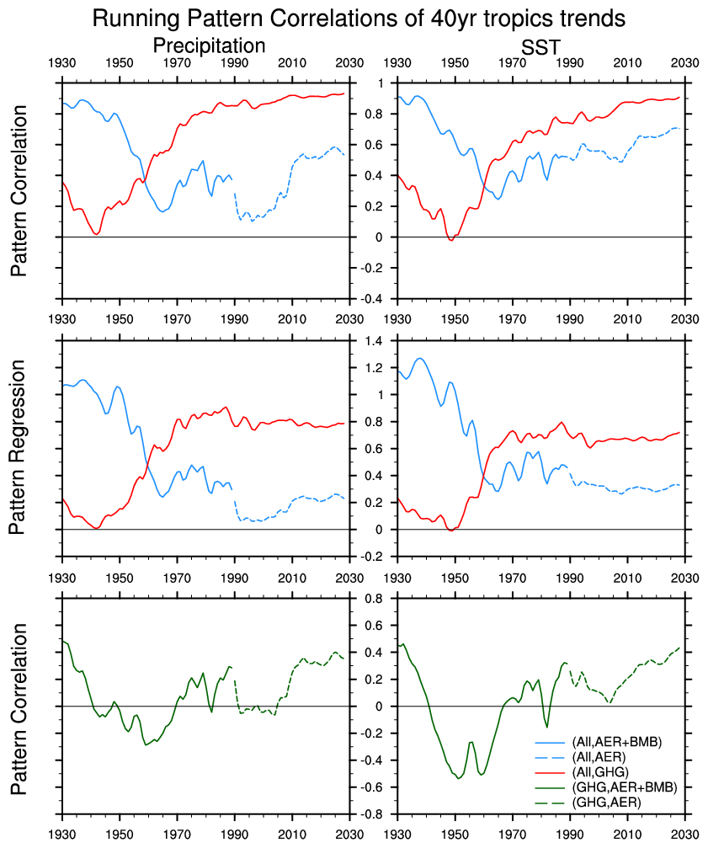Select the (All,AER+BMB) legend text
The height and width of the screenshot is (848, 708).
[x=616, y=742]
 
